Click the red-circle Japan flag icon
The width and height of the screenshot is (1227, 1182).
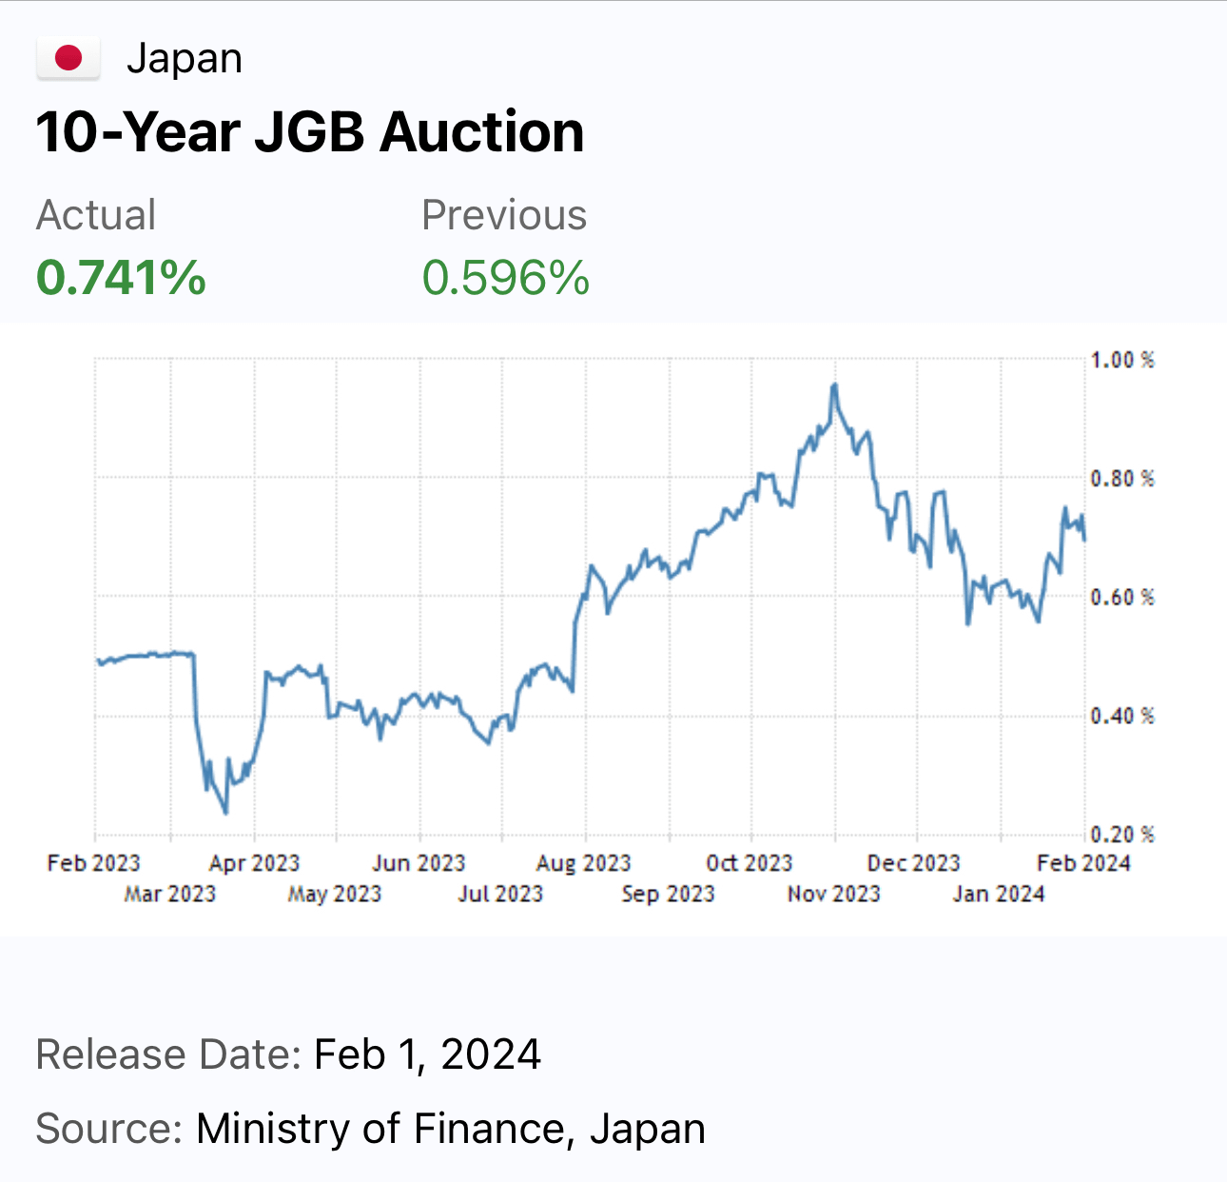coord(68,59)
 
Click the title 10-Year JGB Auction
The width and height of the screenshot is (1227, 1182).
coord(310,132)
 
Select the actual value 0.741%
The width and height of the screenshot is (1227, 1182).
coord(121,278)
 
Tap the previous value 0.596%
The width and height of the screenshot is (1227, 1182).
coord(506,278)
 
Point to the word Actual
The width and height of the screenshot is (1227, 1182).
coord(96,215)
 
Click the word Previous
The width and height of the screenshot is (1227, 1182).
coord(504,215)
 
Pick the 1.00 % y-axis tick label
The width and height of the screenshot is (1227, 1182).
coord(1122,360)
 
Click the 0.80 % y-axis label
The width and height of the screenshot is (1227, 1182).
coord(1122,479)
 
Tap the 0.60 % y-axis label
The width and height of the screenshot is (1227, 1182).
coord(1122,598)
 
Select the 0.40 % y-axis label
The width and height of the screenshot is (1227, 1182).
coord(1122,716)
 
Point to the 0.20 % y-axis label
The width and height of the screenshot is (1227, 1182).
coord(1122,835)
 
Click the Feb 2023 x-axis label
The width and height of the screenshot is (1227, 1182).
coord(94,863)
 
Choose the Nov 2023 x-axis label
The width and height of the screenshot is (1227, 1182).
coord(833,894)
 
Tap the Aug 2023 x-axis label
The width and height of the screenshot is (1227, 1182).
coord(583,863)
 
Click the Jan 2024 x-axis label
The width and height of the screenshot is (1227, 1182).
coord(999,894)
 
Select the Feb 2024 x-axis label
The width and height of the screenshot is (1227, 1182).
coord(1084,863)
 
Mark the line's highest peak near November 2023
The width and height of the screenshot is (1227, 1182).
coord(835,384)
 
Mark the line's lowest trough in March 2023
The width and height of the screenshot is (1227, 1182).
coord(225,813)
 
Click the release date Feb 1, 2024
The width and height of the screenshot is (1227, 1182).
coord(427,1054)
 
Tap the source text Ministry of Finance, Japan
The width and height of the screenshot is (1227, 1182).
coord(451,1129)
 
